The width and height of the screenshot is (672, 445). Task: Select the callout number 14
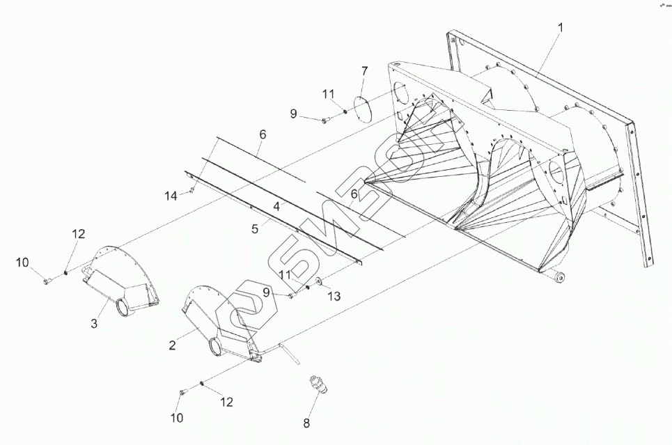click(x=171, y=197)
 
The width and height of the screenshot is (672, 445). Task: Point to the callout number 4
click(x=276, y=207)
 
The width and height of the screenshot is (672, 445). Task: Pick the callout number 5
click(x=254, y=227)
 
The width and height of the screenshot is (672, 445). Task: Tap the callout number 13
click(x=334, y=297)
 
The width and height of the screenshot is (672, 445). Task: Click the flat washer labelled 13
click(x=318, y=281)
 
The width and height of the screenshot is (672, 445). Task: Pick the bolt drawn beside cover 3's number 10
click(x=47, y=281)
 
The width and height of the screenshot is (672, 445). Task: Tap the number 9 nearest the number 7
click(x=293, y=114)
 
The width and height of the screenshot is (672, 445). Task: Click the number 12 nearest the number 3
click(x=78, y=233)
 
